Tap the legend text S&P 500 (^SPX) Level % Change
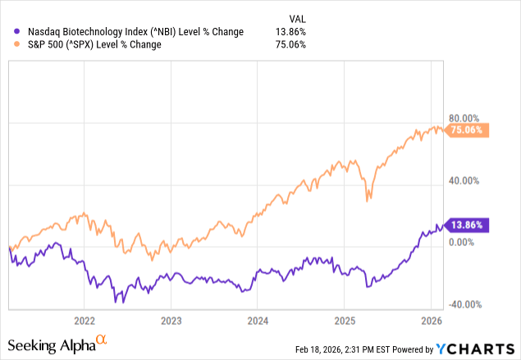point(91,44)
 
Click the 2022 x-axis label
point(85,319)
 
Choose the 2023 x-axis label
point(171,319)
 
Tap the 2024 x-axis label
point(258,319)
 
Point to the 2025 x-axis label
point(345,319)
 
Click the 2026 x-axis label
point(432,319)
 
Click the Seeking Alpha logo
point(57,342)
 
